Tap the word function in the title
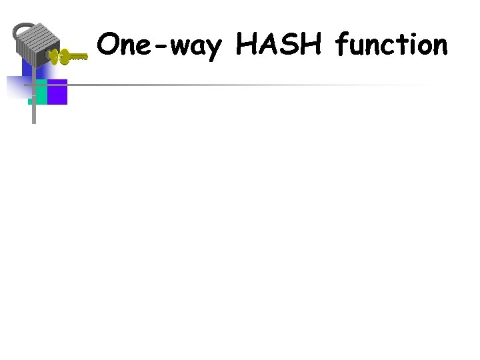[x=391, y=45]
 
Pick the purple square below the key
[x=57, y=92]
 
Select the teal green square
[x=39, y=92]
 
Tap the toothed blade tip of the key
[x=81, y=58]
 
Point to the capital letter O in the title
[x=109, y=45]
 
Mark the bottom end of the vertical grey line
[x=34, y=123]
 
